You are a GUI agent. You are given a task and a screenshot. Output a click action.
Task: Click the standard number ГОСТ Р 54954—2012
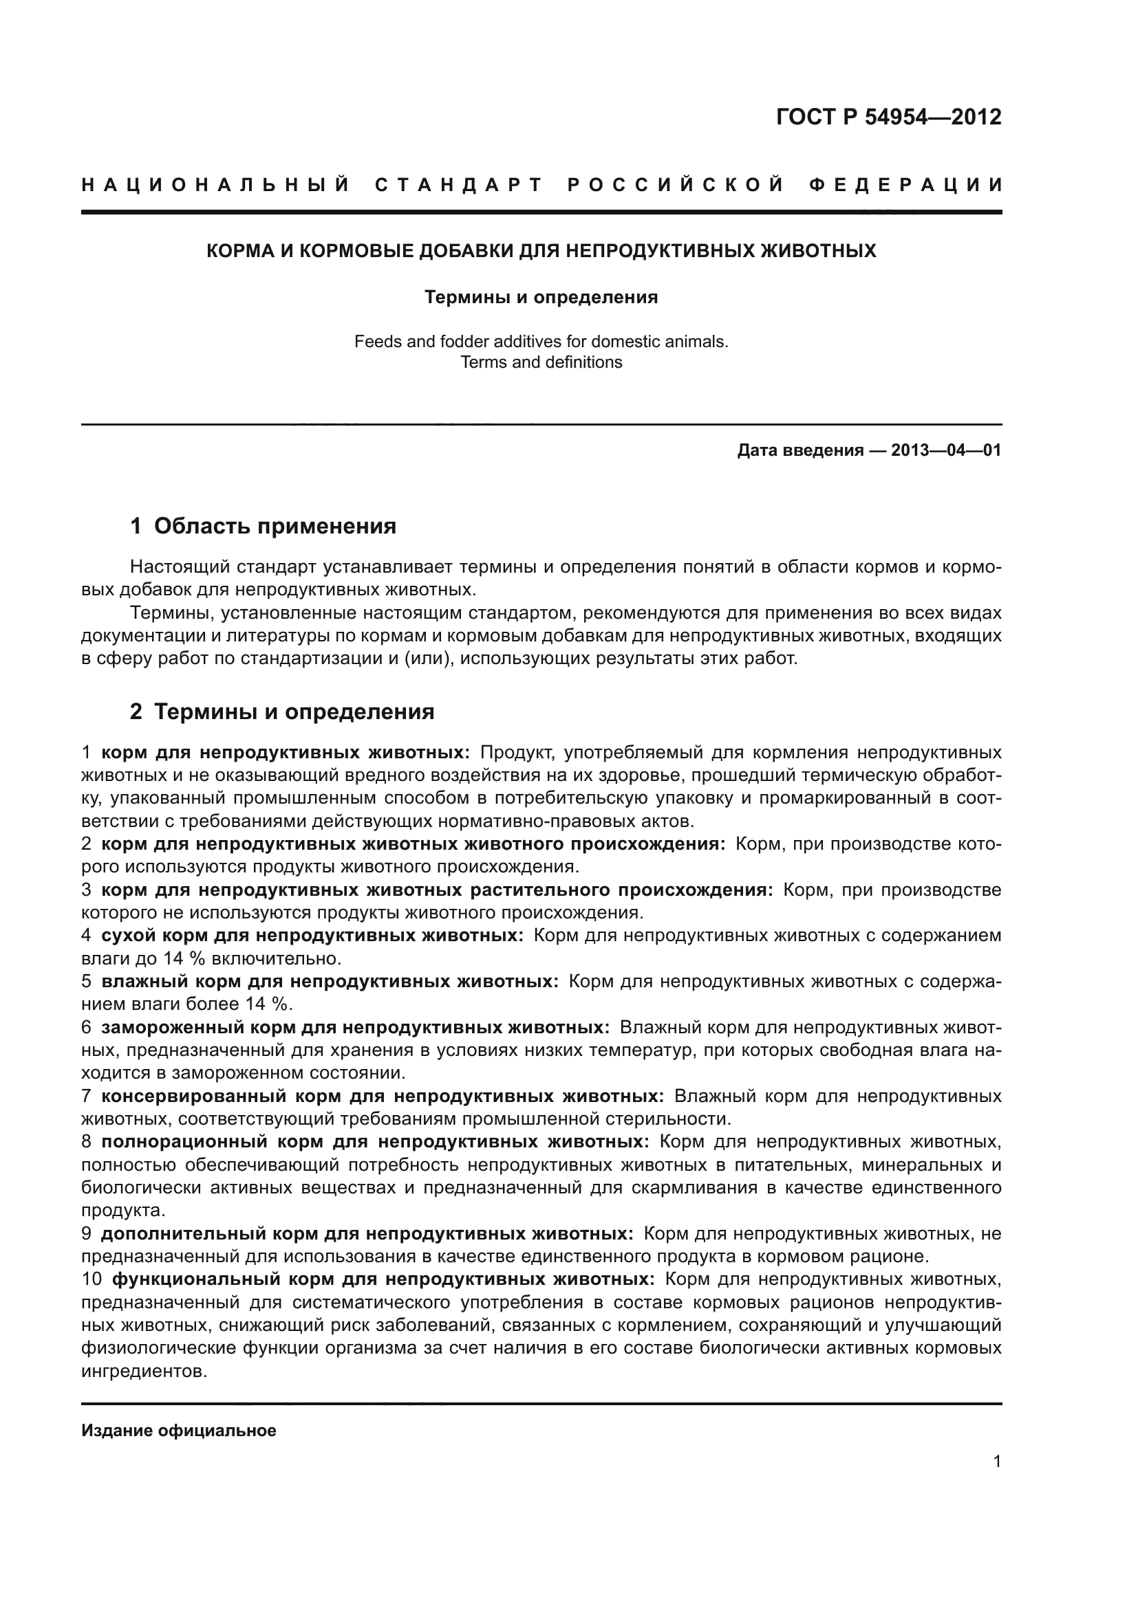pyautogui.click(x=888, y=117)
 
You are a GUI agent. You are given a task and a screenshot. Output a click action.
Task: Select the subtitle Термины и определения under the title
pyautogui.click(x=541, y=298)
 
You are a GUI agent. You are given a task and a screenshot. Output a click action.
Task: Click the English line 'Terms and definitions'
pyautogui.click(x=541, y=362)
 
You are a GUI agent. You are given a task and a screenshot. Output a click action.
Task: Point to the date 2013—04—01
pyautogui.click(x=946, y=450)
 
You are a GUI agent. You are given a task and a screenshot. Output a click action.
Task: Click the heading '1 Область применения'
pyautogui.click(x=264, y=526)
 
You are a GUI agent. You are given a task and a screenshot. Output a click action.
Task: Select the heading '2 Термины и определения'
pyautogui.click(x=282, y=712)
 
